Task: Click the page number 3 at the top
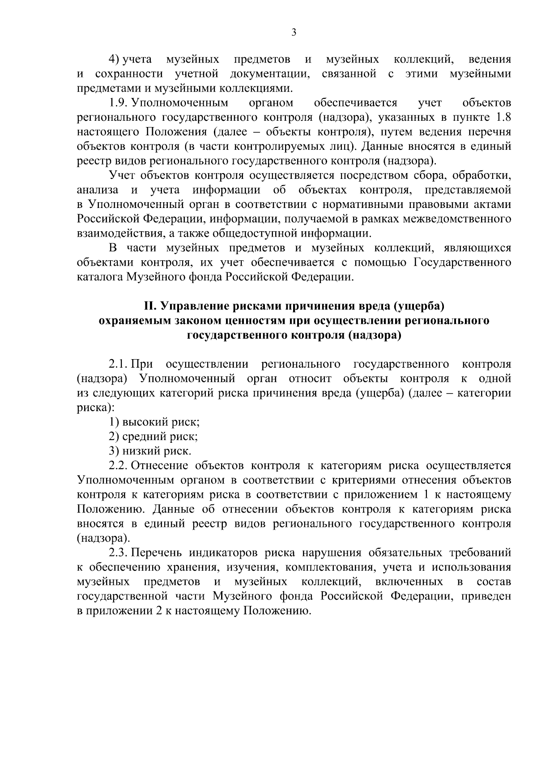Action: coord(293,32)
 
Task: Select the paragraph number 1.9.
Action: coord(119,103)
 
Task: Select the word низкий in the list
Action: coord(141,451)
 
